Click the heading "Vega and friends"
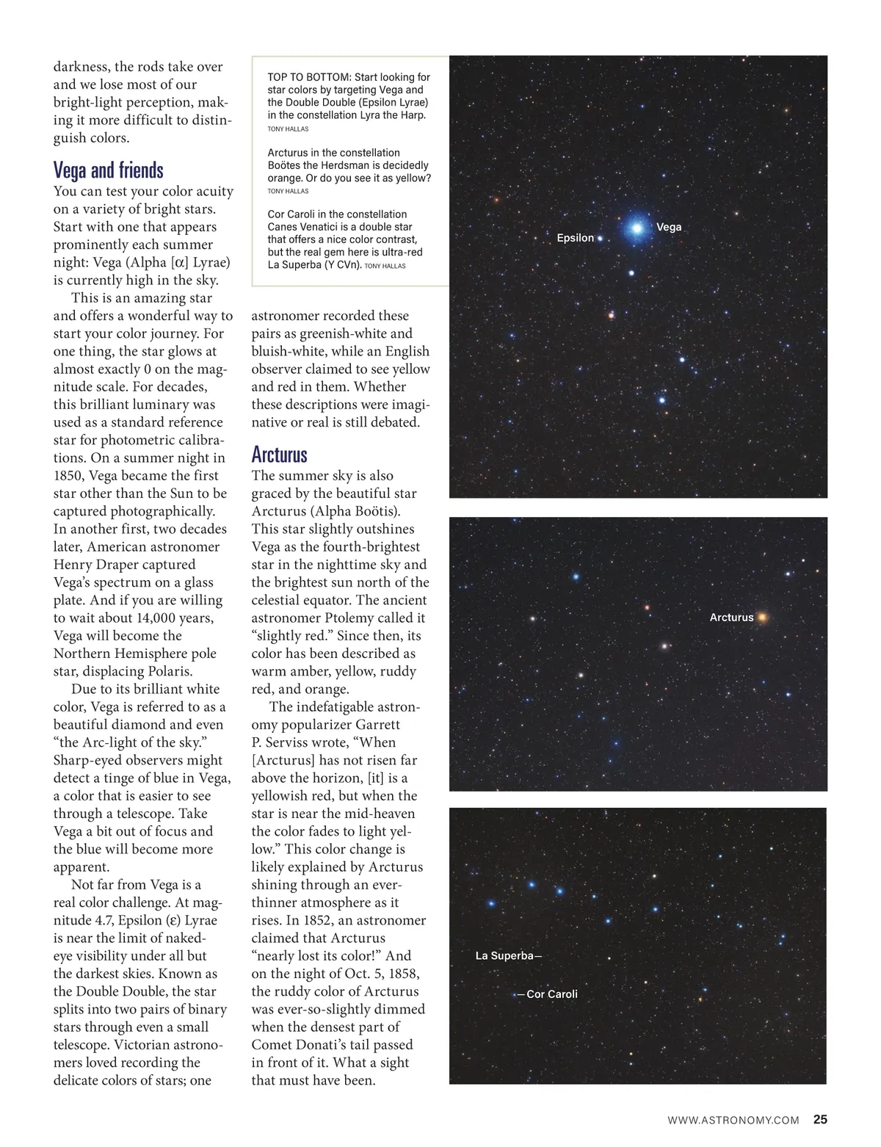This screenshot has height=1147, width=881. point(108,170)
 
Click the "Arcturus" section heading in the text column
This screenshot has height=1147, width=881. point(279,455)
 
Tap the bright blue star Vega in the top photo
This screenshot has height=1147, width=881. point(637,228)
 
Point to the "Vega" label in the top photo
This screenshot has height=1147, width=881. point(669,227)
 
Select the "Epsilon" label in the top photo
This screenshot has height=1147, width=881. point(575,238)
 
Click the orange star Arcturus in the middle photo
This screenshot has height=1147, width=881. point(763,618)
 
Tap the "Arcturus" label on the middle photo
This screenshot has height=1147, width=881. point(731,618)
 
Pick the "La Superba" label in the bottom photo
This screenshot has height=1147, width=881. point(504,955)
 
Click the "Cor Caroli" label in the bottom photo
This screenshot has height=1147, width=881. point(552,994)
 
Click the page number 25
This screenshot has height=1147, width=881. point(820,1120)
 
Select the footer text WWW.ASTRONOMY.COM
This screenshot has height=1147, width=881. point(733,1121)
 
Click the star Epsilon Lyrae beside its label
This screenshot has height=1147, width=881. point(600,239)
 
